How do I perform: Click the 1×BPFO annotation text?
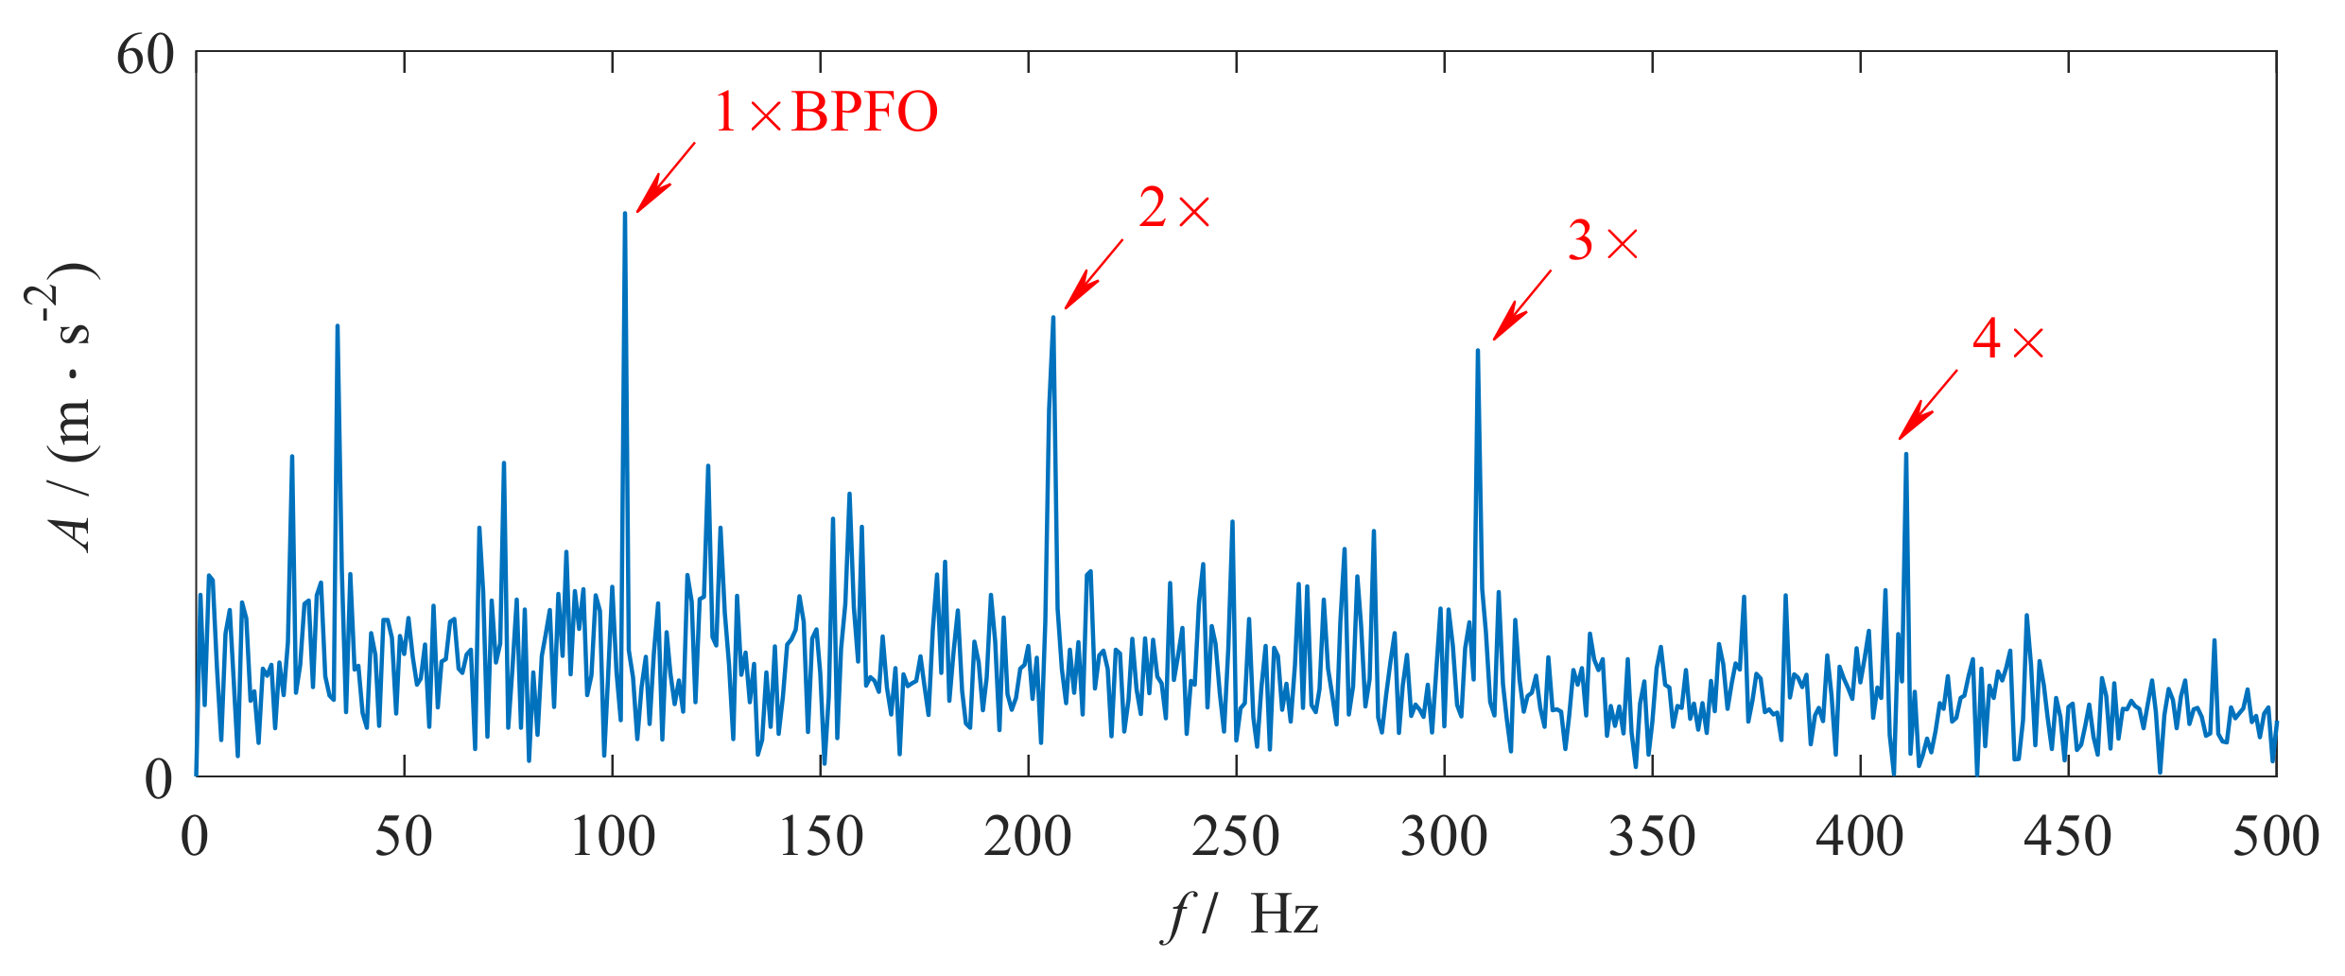(x=825, y=113)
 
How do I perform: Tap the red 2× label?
(x=1173, y=209)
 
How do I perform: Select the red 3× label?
(x=1603, y=241)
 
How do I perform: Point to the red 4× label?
(x=2007, y=340)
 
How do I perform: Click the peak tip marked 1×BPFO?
(x=625, y=213)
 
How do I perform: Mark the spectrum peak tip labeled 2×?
(x=1052, y=317)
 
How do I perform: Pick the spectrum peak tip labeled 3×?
(x=1477, y=350)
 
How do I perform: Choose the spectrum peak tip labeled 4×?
(x=1905, y=454)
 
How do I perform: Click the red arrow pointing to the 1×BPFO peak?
(x=666, y=178)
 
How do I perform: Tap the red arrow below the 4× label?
(x=1928, y=405)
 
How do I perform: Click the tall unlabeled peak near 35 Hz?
(x=338, y=326)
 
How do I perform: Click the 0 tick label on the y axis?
(x=159, y=779)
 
